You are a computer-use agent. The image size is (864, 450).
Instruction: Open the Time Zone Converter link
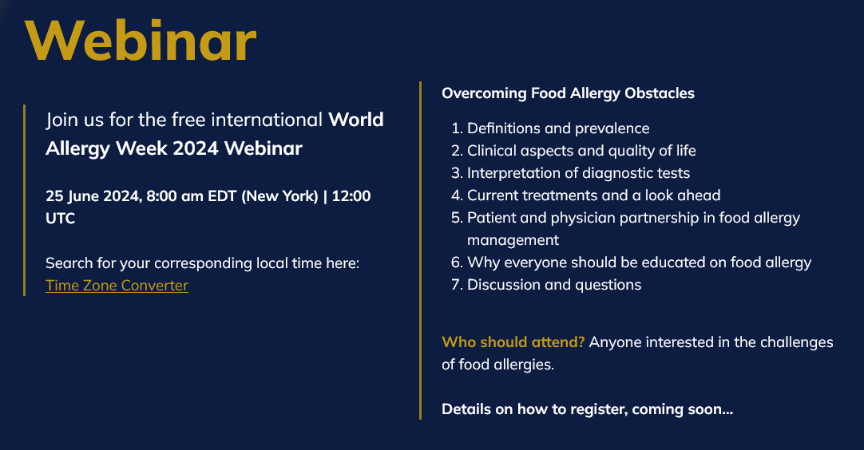pos(117,286)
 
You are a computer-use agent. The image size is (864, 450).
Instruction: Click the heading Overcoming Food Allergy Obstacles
pos(568,93)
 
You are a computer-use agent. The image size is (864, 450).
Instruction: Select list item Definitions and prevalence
pos(558,128)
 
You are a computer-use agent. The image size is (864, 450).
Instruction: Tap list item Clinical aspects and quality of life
pos(581,151)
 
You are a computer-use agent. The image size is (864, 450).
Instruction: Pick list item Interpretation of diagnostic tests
pos(579,173)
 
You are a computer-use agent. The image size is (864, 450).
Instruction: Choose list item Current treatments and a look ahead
pos(594,195)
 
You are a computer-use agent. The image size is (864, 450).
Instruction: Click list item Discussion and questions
pos(554,285)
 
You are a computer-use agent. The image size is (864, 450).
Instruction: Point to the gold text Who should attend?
pos(513,342)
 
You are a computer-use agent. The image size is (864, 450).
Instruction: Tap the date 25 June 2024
pos(93,196)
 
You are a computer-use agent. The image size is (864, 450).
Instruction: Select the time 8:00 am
pos(175,196)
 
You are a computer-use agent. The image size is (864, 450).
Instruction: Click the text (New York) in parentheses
pos(280,196)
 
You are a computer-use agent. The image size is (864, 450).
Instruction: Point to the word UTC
pos(60,219)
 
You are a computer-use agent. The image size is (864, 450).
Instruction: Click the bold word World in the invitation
pos(356,120)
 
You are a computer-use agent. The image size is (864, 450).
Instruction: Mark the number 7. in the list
pos(457,285)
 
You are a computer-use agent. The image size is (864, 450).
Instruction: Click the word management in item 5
pos(513,240)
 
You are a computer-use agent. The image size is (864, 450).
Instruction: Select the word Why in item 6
pos(483,262)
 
